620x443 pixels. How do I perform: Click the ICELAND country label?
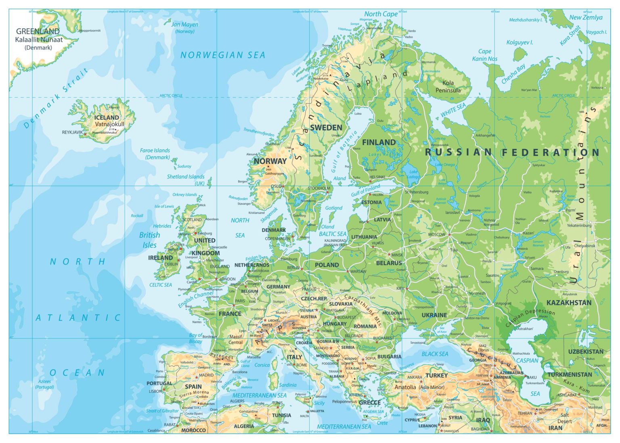coord(107,117)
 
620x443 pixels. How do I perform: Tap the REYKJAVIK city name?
coord(72,132)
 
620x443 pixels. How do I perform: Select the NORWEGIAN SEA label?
coord(223,55)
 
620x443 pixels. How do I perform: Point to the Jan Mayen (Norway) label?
coord(185,27)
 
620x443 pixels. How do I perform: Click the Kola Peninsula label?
coord(448,86)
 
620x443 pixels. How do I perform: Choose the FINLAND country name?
coord(379,142)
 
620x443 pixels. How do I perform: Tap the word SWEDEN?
coord(326,127)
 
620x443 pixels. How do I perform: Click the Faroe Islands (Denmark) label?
coord(155,154)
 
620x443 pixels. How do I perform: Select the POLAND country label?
coord(327,265)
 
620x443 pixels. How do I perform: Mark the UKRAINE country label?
coord(434,315)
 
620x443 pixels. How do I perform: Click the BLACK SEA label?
coord(435,354)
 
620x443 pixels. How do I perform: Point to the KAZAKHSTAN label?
coord(569,303)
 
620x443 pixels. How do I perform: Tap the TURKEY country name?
coord(436,375)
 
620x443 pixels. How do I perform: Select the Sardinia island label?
coord(288,385)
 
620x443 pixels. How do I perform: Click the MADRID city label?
coord(206,375)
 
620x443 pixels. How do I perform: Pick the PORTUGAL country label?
coord(159,383)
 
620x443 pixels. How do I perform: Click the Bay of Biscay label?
coord(196,338)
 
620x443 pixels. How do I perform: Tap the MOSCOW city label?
coord(436,234)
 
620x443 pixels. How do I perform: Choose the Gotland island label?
coord(334,208)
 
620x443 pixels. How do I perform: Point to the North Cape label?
coord(381,14)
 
